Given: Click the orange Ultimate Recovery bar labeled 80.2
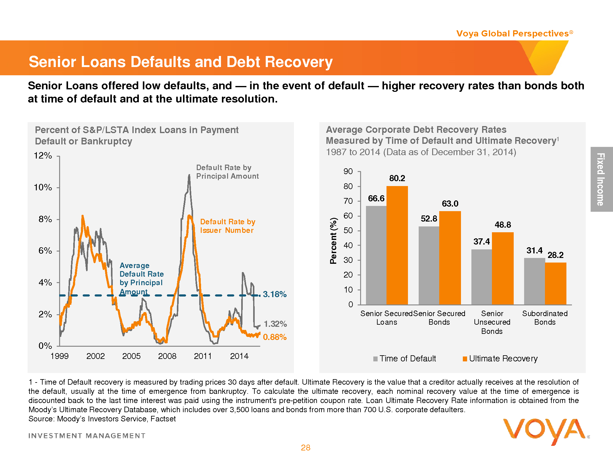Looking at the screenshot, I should click(x=397, y=245).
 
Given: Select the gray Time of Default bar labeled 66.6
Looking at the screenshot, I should click(x=376, y=255).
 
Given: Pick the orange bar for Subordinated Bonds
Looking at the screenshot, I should click(x=556, y=283).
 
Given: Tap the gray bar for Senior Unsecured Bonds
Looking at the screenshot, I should click(x=482, y=277).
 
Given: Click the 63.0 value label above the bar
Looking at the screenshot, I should click(x=450, y=204).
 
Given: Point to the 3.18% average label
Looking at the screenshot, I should click(x=275, y=294).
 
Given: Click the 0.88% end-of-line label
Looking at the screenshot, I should click(x=275, y=337).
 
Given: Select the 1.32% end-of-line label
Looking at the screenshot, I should click(x=275, y=324).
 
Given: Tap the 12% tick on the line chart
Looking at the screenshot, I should click(x=43, y=156).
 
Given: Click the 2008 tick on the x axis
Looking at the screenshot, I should click(x=167, y=356).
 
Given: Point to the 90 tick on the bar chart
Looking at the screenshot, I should click(x=348, y=171).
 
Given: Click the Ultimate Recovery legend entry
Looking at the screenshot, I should click(x=500, y=359).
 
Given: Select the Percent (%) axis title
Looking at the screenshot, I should click(x=333, y=241).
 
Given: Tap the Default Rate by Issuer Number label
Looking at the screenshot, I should click(x=227, y=226).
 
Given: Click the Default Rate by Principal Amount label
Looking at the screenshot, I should click(x=227, y=172).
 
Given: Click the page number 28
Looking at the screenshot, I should click(x=306, y=448).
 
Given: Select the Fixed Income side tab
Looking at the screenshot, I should click(x=601, y=179).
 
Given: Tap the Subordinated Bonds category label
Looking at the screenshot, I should click(x=545, y=318).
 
